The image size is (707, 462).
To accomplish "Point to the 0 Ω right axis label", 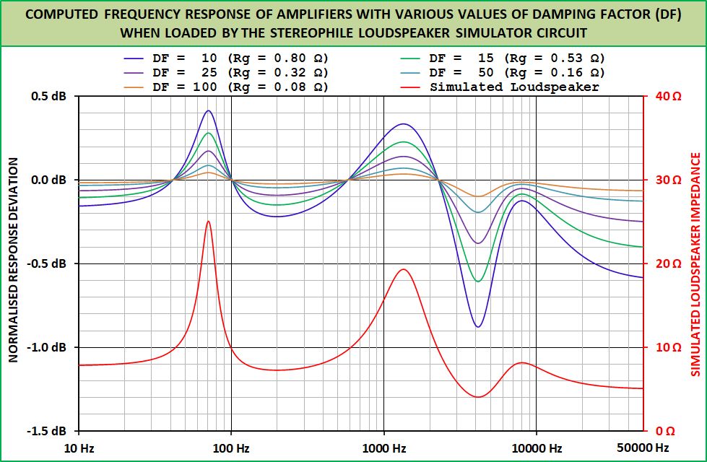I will (664, 431).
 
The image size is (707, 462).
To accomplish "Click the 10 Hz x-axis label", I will (79, 448).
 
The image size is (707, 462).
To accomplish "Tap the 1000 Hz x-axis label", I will (383, 448).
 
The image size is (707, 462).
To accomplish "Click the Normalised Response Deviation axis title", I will (13, 263).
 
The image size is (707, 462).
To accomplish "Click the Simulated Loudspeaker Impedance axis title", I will (696, 263).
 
